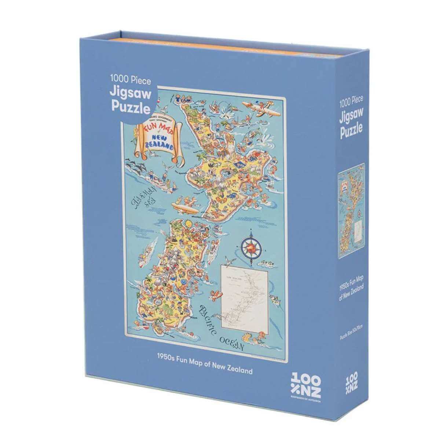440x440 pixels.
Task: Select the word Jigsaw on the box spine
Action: pos(351,116)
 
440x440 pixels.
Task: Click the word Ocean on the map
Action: pos(232,343)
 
